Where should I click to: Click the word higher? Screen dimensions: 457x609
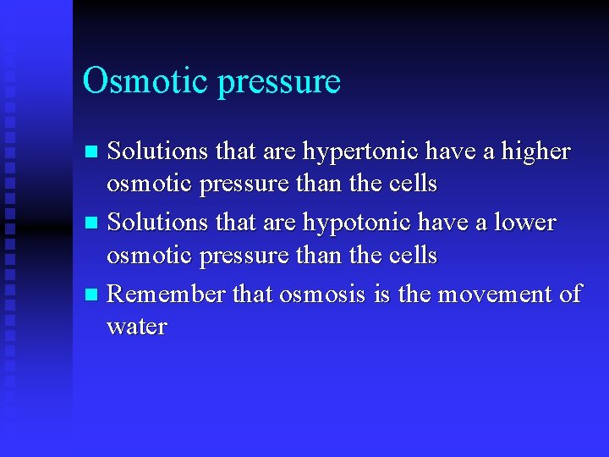pyautogui.click(x=536, y=152)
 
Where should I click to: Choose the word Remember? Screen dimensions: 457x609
pyautogui.click(x=167, y=294)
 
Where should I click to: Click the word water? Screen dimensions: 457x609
pyautogui.click(x=137, y=327)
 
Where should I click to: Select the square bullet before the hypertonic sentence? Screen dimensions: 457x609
pyautogui.click(x=93, y=152)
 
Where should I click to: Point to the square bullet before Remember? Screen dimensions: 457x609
pyautogui.click(x=93, y=295)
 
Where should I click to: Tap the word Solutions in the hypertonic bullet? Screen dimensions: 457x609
pyautogui.click(x=159, y=151)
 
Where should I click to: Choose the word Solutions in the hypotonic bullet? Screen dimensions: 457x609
pyautogui.click(x=159, y=223)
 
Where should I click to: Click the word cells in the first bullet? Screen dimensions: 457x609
pyautogui.click(x=410, y=184)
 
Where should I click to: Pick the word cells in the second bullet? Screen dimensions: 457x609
pyautogui.click(x=410, y=255)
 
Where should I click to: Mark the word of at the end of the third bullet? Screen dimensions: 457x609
pyautogui.click(x=571, y=294)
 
